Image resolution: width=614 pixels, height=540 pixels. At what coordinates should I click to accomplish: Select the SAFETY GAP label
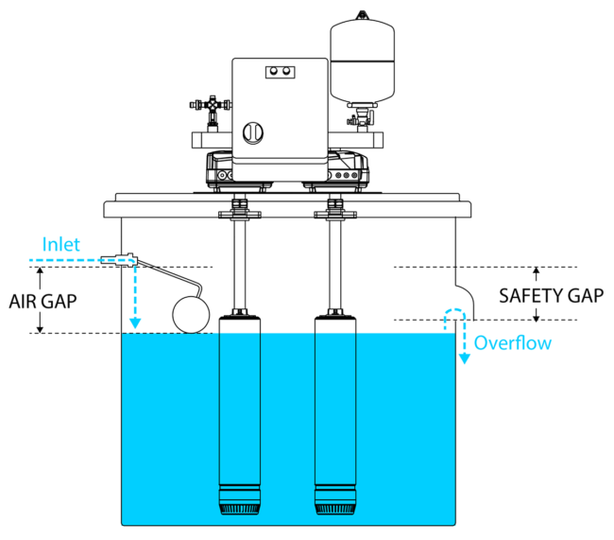point(550,295)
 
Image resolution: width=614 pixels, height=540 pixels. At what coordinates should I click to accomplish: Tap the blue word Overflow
point(512,342)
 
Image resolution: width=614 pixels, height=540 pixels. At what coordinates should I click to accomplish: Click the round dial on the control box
point(254,131)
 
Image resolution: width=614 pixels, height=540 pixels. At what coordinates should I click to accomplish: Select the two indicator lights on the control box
point(280,71)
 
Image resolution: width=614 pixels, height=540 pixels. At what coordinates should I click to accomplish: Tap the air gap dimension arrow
point(40,300)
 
